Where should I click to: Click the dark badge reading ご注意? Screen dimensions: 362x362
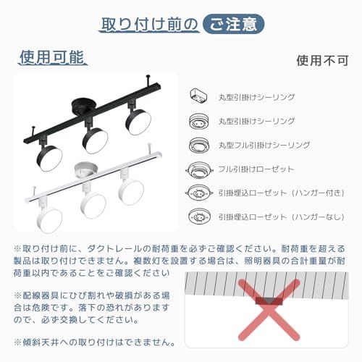pos(232,23)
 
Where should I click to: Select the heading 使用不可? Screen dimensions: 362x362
pos(319,60)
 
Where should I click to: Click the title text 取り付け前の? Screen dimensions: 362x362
pos(148,23)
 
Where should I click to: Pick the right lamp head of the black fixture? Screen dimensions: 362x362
pos(136,119)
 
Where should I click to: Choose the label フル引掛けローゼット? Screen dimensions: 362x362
pos(246,169)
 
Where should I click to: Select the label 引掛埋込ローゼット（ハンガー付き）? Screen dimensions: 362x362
pos(274,193)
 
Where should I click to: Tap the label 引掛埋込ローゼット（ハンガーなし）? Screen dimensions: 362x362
pos(274,216)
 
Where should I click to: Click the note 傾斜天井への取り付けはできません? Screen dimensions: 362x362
pos(94,342)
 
